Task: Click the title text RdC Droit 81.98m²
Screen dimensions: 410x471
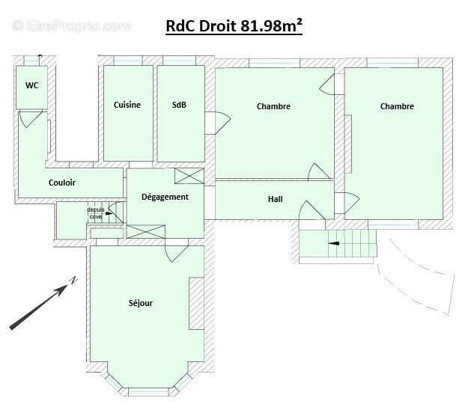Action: [234, 26]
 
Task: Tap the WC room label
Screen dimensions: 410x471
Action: [32, 85]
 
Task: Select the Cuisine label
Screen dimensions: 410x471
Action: [127, 105]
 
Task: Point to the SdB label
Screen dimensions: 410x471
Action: [179, 105]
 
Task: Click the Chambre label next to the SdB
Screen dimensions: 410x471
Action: [273, 106]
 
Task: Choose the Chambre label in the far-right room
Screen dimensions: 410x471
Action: [397, 106]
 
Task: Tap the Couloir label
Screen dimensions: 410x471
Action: [62, 183]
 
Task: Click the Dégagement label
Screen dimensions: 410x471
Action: [165, 197]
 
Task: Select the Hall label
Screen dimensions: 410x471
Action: [276, 200]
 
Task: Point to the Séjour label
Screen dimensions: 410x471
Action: [140, 303]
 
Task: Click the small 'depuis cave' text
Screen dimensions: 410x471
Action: [96, 212]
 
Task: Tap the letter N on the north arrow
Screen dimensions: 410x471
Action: [73, 281]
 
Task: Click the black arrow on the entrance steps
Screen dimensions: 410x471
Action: [334, 243]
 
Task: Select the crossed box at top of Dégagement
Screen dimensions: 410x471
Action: [189, 176]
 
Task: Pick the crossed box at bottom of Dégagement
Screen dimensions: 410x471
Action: [145, 231]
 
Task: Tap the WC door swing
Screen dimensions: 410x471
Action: [30, 118]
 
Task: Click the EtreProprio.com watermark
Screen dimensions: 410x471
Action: [71, 26]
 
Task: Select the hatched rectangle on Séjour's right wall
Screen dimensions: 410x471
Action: [196, 303]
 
